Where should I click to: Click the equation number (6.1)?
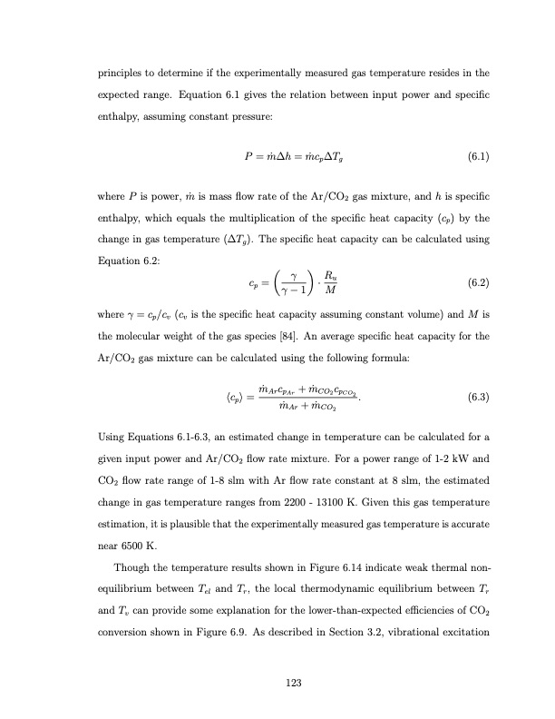(x=478, y=156)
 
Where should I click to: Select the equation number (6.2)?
(x=478, y=282)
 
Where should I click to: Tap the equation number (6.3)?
(x=478, y=397)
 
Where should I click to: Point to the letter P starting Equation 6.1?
(x=238, y=156)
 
